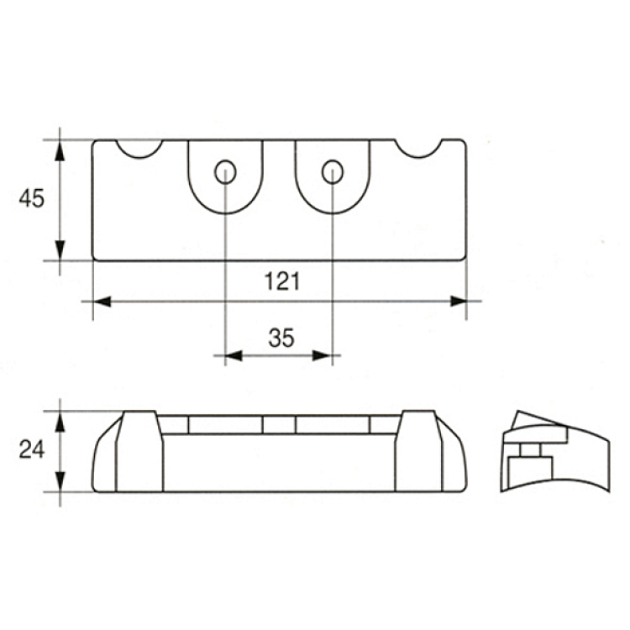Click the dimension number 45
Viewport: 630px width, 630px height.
click(32, 198)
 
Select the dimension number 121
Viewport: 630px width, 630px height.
click(282, 281)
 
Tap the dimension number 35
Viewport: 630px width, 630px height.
click(281, 338)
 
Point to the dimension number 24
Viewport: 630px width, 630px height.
click(32, 450)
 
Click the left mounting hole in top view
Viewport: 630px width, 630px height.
click(225, 172)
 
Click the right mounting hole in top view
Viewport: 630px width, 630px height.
click(333, 172)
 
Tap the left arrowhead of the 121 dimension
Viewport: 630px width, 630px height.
click(102, 302)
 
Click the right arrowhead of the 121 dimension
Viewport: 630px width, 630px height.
click(458, 302)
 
